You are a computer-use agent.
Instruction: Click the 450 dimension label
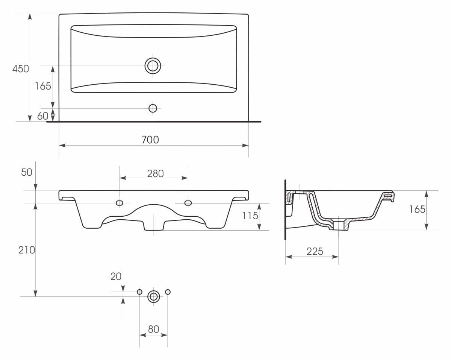[x=21, y=69]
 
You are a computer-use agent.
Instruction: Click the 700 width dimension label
[x=150, y=140]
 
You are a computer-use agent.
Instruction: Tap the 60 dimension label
[x=42, y=116]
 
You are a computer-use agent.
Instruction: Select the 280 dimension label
[x=155, y=173]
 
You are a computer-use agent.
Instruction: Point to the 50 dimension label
[x=27, y=172]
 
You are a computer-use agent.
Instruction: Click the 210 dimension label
[x=27, y=250]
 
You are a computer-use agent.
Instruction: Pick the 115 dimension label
[x=250, y=216]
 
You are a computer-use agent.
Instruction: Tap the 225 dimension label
[x=315, y=251]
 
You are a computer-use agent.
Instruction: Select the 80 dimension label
[x=153, y=329]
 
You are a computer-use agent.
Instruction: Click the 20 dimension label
[x=116, y=276]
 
